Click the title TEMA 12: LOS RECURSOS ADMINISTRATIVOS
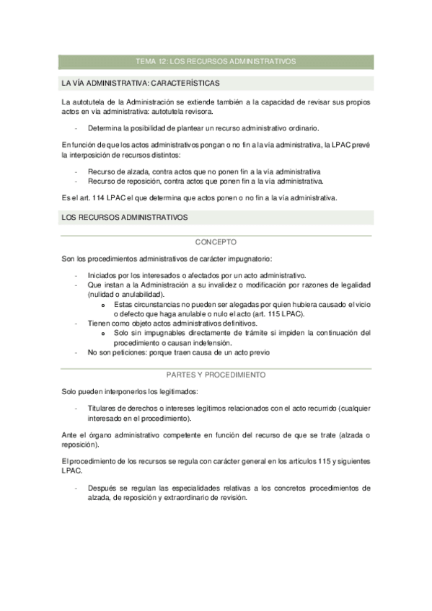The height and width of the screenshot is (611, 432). (216, 62)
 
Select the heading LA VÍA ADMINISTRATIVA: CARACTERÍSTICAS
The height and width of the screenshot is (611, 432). (141, 83)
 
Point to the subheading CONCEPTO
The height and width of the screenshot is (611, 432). (216, 243)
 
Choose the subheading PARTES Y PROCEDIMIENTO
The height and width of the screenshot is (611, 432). (216, 375)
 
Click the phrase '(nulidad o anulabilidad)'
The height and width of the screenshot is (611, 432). (126, 294)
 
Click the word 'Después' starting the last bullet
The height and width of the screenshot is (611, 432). (102, 488)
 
